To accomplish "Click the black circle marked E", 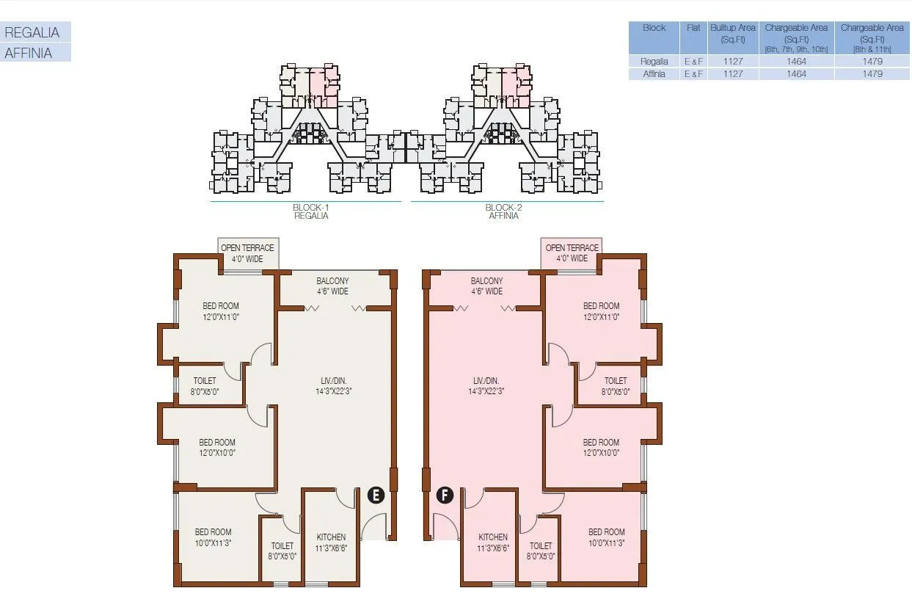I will coord(376,495).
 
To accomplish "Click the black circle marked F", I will coord(445,495).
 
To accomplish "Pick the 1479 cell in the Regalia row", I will coord(872,62).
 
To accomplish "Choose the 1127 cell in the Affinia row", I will coord(732,74).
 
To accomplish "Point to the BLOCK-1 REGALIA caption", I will coord(310,211).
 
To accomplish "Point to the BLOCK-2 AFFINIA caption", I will coord(503,211).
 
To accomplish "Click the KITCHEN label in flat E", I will coord(331,542).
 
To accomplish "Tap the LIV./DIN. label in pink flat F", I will coord(486,385).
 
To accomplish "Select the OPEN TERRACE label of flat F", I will coord(572,253).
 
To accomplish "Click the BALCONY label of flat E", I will coord(332,286).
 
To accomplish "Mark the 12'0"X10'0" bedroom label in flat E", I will coord(217,447).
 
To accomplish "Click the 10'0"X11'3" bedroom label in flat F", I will coord(606,537).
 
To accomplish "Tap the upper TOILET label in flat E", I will coord(205,385).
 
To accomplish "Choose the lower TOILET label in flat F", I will coord(541,551).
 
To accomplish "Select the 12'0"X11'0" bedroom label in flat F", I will coord(601,311).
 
